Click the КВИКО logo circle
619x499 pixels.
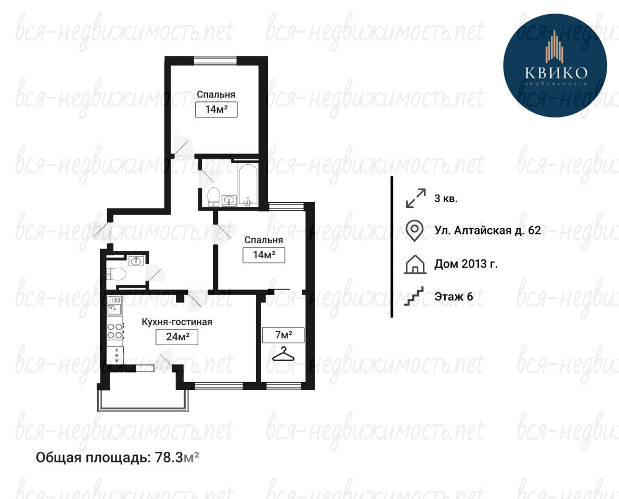pos(554,65)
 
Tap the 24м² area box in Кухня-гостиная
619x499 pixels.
pos(177,336)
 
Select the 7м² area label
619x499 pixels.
pos(283,335)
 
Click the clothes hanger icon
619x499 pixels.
pos(283,354)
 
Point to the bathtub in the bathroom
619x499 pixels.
pos(248,184)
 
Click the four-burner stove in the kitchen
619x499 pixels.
pos(115,331)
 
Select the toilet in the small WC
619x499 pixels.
pos(115,273)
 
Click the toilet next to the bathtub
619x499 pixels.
pos(214,196)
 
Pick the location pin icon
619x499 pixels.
pos(415,230)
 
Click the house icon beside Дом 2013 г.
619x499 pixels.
pos(415,264)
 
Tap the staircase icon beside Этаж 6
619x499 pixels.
pos(414,296)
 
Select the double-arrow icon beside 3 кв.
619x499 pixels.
pos(416,198)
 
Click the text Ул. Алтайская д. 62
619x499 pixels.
pos(487,230)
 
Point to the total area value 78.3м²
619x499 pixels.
pos(177,457)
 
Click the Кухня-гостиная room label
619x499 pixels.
pos(177,322)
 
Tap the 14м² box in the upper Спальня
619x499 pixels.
pos(216,109)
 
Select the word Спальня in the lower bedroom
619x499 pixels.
pos(264,240)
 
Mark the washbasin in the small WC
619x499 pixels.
pos(136,260)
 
